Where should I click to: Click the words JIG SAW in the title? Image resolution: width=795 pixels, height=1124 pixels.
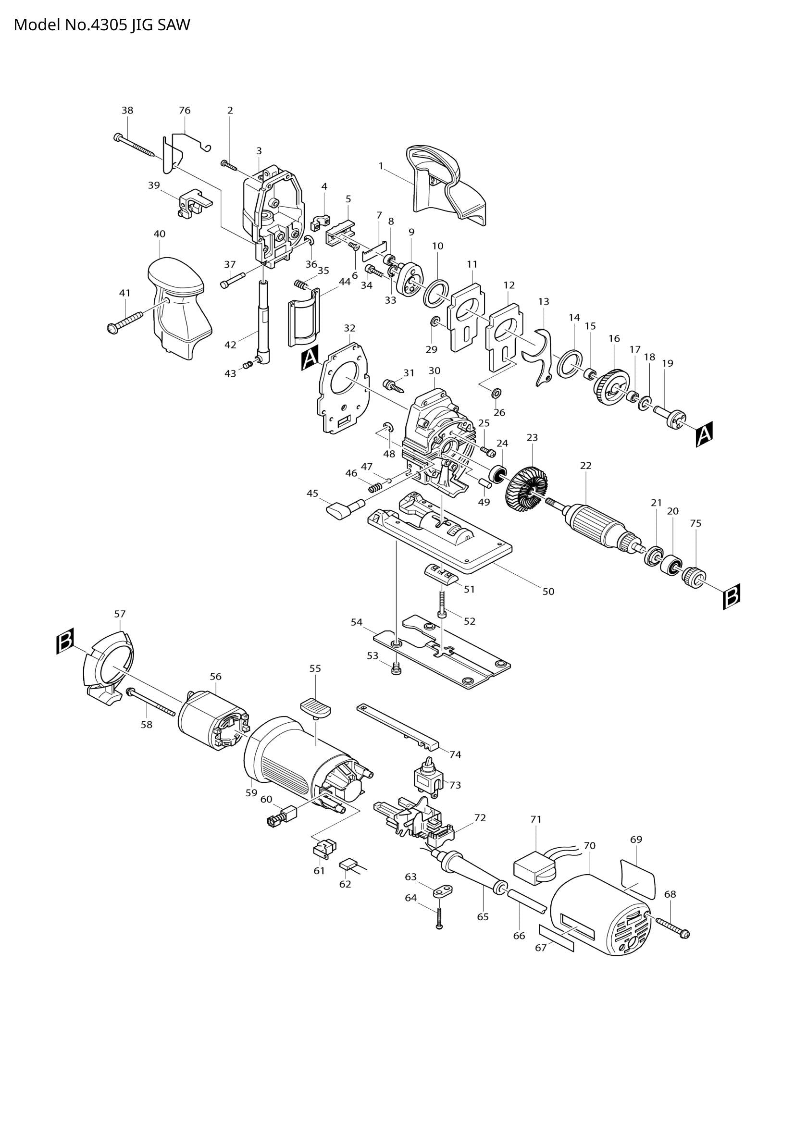pos(160,25)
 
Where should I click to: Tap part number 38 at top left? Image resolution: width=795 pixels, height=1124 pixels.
pos(127,110)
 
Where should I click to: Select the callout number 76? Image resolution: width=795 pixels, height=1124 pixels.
pos(185,110)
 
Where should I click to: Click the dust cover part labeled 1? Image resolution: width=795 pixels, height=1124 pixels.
pos(441,186)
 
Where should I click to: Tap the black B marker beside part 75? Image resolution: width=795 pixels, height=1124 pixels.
pos(732,596)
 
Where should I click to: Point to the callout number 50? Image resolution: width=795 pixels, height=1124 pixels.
pos(548,592)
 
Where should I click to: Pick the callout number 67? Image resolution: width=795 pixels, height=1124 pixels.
pos(540,948)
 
